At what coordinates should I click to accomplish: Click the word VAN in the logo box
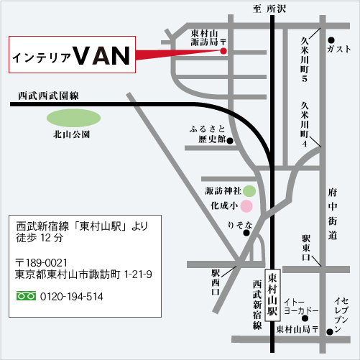point(103,56)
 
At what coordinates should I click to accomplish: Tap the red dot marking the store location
point(223,51)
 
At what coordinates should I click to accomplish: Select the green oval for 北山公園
point(71,116)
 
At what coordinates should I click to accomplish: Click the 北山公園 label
point(71,134)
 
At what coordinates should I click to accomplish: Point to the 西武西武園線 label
point(48,95)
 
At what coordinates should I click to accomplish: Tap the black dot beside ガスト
point(331,40)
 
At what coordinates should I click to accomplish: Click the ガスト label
point(338,50)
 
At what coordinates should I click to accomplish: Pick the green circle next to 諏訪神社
point(248,191)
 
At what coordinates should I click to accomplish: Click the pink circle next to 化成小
point(246,206)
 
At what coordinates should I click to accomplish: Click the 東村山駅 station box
point(272,295)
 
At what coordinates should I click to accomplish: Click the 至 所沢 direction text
point(269,9)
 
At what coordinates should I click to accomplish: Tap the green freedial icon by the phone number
point(26,296)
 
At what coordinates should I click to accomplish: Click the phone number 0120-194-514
point(72,296)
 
